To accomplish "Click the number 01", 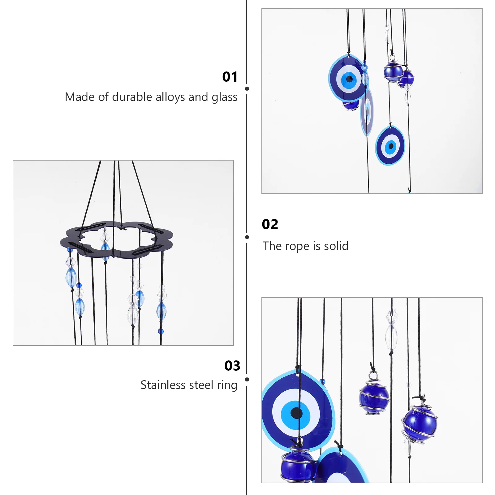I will (230, 77).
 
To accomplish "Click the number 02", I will (270, 224).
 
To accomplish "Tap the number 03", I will (232, 366).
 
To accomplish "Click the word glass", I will (225, 97).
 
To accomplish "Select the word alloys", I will (170, 97).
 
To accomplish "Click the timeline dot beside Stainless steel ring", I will (247, 379).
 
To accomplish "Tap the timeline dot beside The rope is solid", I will (247, 237).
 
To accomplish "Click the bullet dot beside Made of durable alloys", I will (247, 89).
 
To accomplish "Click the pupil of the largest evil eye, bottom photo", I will (296, 413).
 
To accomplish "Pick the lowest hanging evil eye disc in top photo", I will (390, 145).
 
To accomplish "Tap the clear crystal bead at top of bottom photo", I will (391, 328).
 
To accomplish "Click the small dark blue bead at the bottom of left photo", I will (160, 331).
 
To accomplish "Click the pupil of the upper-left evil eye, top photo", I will (349, 79).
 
